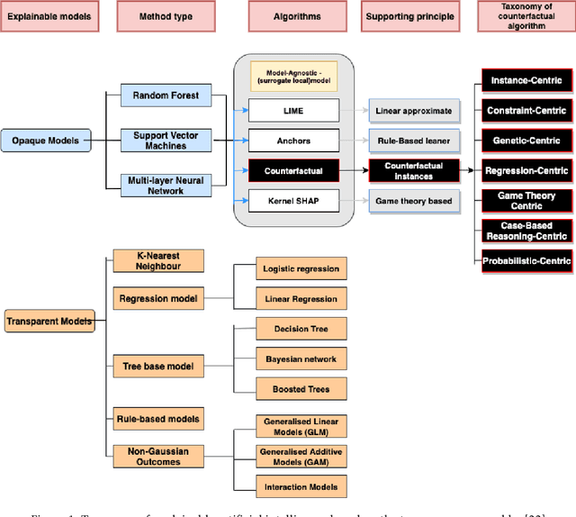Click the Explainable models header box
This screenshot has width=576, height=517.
[x=48, y=16]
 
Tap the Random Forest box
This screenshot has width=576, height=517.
[x=166, y=95]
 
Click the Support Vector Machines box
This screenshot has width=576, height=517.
[x=166, y=141]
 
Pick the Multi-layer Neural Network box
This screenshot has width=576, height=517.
[x=166, y=186]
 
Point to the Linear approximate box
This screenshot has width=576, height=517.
[x=414, y=110]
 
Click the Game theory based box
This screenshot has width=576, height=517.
[x=414, y=201]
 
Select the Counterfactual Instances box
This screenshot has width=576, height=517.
[x=414, y=170]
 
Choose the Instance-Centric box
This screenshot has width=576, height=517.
[x=526, y=81]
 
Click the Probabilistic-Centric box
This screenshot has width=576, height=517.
[x=526, y=261]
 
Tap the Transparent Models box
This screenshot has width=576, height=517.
[x=48, y=321]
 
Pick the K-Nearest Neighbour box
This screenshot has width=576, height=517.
[x=158, y=261]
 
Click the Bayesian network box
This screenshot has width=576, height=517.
[x=301, y=359]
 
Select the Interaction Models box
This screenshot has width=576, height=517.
[x=301, y=487]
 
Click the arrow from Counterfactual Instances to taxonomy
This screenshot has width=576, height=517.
[x=469, y=170]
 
